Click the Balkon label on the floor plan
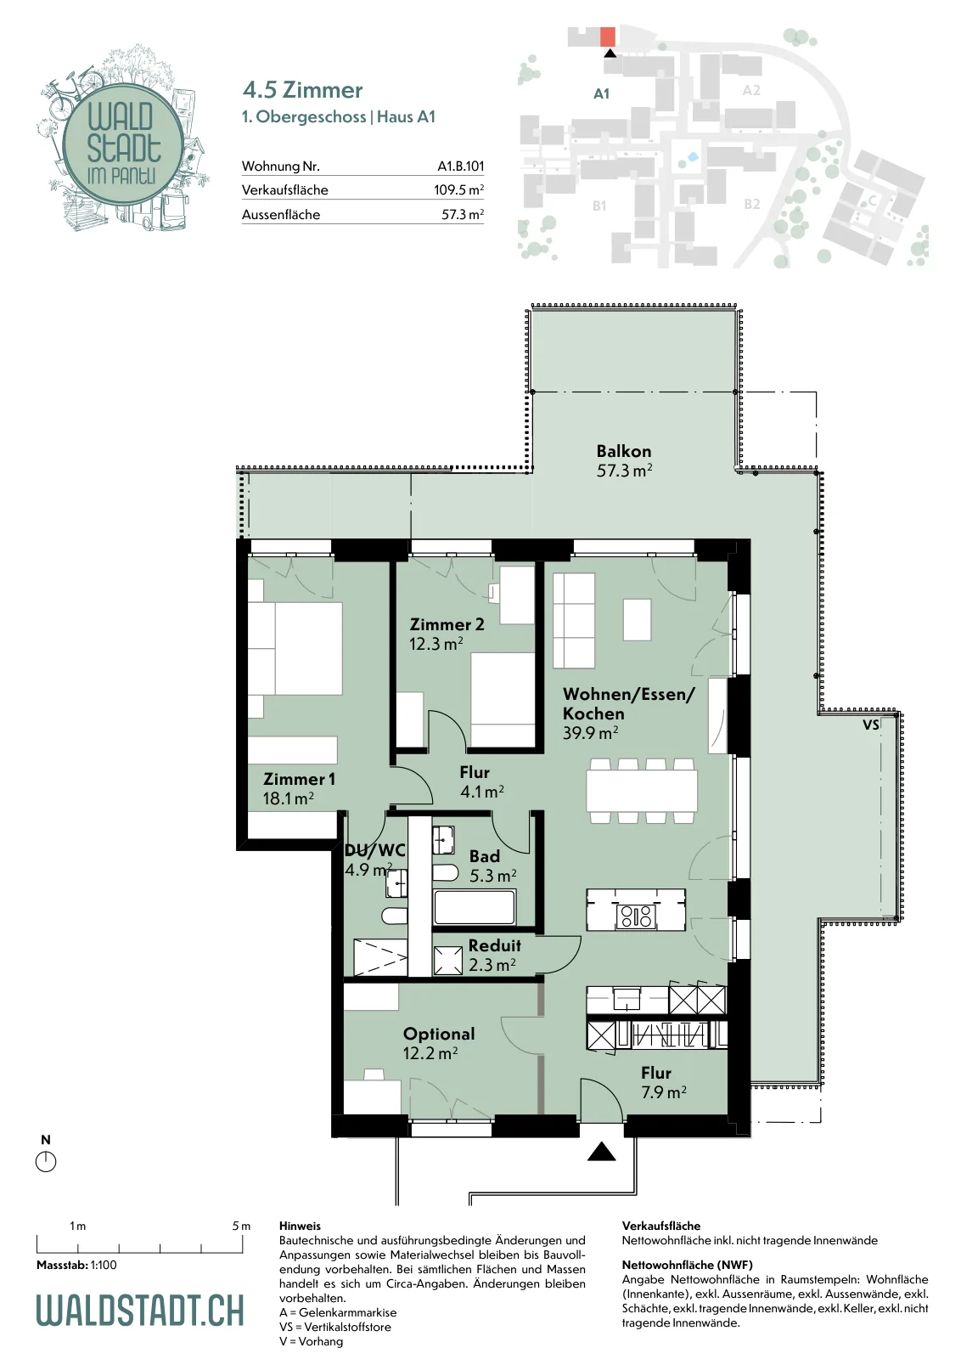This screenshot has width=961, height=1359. point(624,451)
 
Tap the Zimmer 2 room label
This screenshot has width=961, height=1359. point(447,624)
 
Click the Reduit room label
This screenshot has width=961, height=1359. point(495,945)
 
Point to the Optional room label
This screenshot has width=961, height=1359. point(439,1035)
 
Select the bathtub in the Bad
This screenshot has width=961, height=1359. point(475,907)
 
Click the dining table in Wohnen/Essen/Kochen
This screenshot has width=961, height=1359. point(642,791)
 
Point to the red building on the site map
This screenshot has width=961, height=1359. point(608,37)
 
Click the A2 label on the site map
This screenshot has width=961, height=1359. point(751,90)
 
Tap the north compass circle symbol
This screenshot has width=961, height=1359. point(46,1162)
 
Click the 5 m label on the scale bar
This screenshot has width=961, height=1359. point(241,1226)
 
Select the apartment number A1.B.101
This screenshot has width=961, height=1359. point(461,166)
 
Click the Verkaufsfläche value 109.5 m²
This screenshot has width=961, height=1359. point(458,190)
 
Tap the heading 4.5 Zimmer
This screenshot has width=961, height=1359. point(302,90)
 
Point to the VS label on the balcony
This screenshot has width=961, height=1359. point(871,725)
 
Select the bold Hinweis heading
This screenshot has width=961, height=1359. point(301,1226)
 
